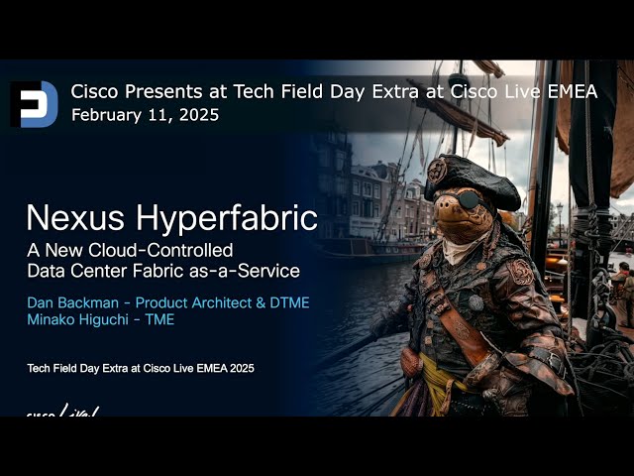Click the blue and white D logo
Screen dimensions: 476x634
tap(35, 104)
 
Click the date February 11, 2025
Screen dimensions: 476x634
tap(145, 115)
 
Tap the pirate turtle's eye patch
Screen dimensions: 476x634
tap(475, 203)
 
